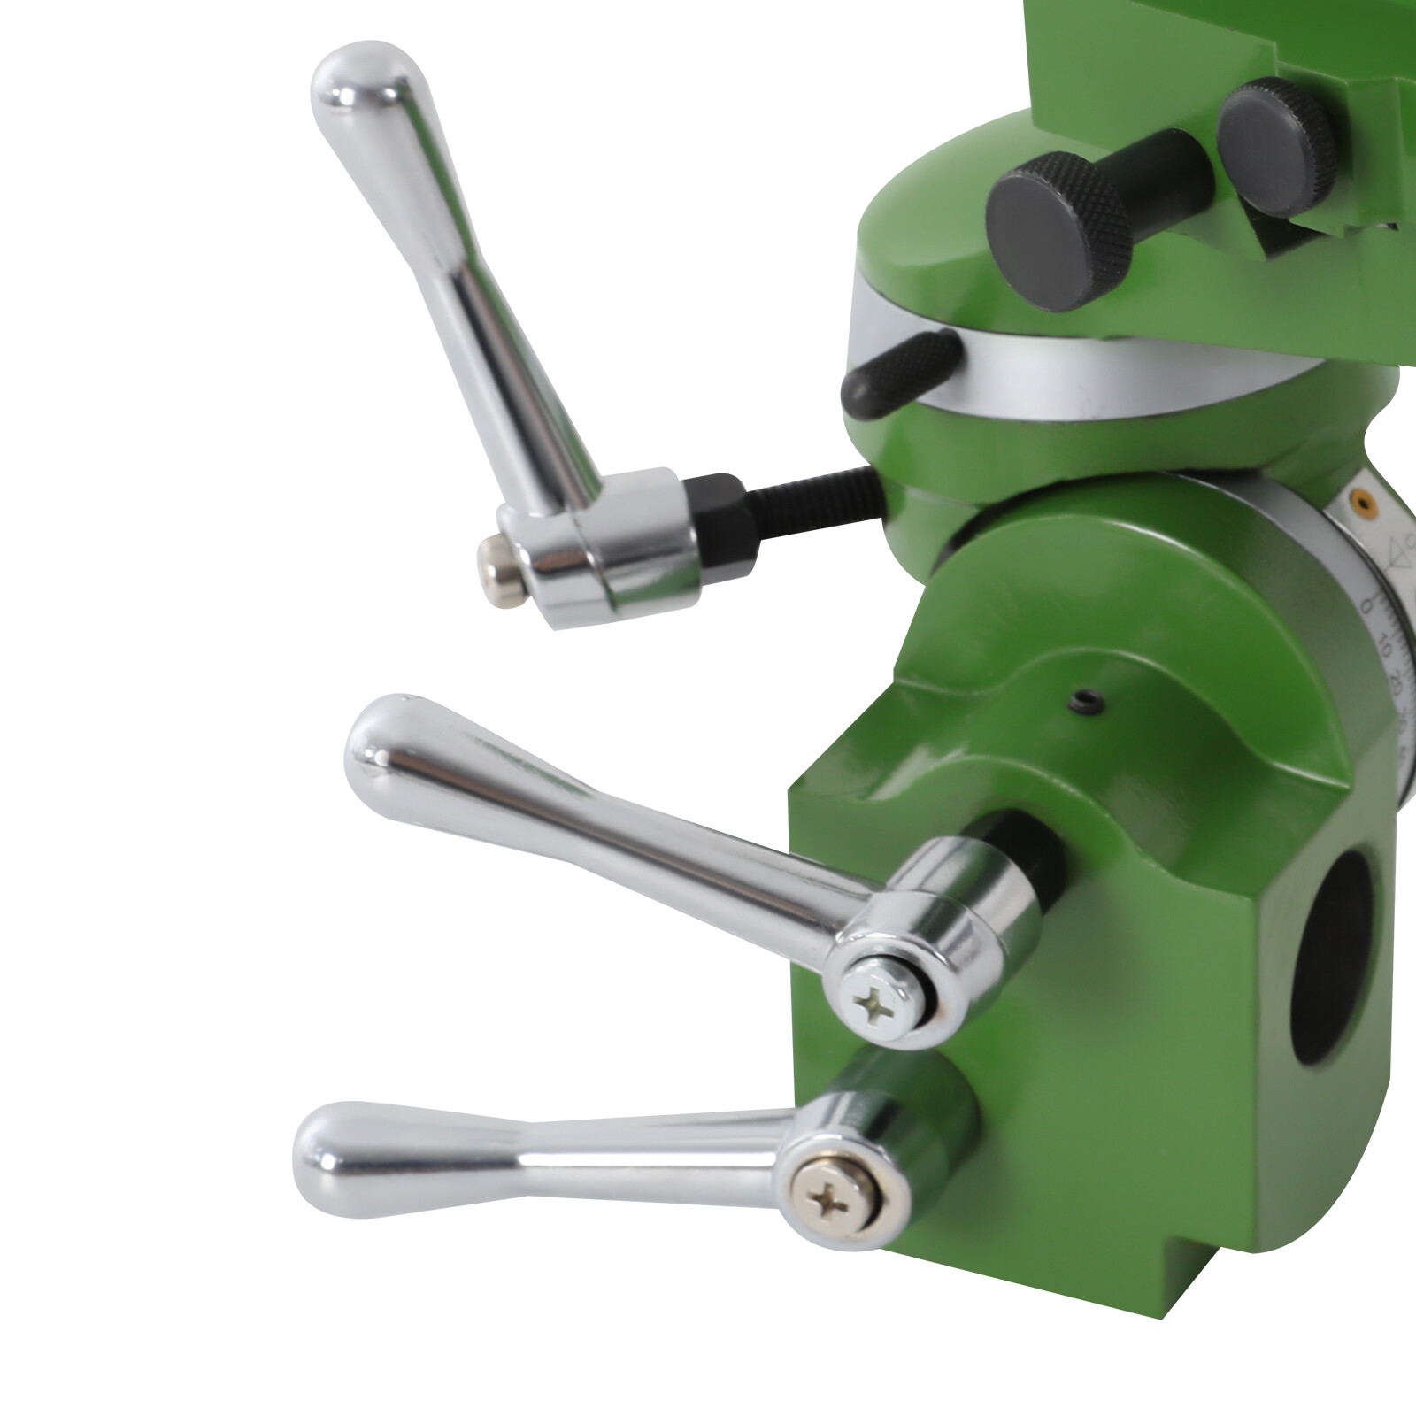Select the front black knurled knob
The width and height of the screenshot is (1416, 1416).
coord(1058,230)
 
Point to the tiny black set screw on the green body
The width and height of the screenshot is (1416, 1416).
coord(1081,704)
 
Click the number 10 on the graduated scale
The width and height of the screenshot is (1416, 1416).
coord(1384,652)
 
